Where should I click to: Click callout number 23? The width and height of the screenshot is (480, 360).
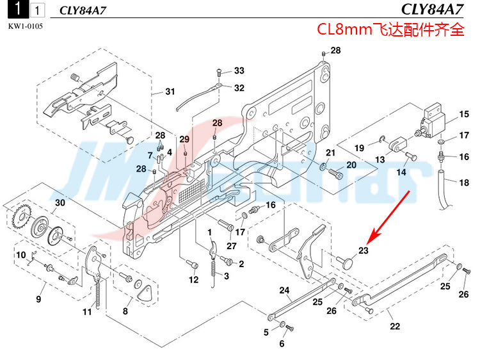click(364, 250)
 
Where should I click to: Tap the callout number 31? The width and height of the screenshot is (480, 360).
click(169, 92)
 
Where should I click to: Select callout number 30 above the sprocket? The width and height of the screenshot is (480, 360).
click(60, 203)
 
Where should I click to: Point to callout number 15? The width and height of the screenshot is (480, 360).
click(463, 116)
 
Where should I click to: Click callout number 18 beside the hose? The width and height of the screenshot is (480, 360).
click(464, 183)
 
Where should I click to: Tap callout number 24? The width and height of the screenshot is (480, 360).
click(284, 290)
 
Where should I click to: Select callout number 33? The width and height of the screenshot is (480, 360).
click(239, 70)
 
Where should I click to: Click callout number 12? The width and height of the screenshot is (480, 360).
click(193, 280)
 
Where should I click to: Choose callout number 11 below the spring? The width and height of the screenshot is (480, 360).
click(86, 312)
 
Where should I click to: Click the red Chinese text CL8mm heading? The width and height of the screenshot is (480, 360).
click(390, 29)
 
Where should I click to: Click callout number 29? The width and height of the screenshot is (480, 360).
click(184, 139)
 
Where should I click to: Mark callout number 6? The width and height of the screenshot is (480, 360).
click(281, 343)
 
